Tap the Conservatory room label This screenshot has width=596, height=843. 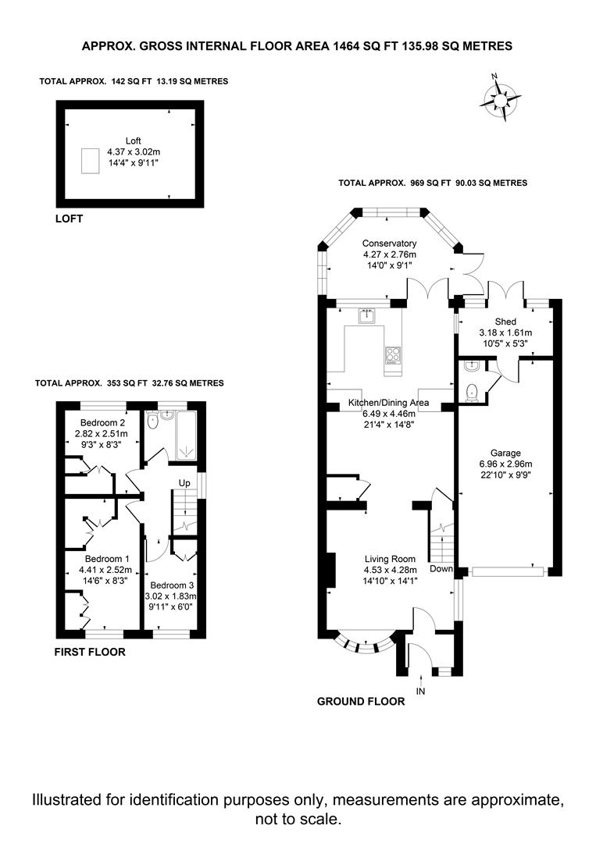389,244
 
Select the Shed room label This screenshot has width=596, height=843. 505,322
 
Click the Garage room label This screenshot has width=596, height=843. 505,454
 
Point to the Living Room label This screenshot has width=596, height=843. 390,559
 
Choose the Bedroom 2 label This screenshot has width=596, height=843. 102,422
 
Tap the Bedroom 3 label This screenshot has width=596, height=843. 172,585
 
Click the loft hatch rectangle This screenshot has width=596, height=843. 91,161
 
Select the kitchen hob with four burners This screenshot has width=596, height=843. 393,355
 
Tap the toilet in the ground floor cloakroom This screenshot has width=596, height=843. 472,393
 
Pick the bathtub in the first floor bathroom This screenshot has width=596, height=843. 187,436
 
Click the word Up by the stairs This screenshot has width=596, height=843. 184,483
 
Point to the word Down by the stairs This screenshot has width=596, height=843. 441,569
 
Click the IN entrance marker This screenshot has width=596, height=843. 421,692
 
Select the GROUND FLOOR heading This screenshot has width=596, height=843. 361,701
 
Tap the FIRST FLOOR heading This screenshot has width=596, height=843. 90,652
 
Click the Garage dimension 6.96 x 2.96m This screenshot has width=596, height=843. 505,464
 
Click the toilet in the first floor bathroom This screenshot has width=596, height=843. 153,421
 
